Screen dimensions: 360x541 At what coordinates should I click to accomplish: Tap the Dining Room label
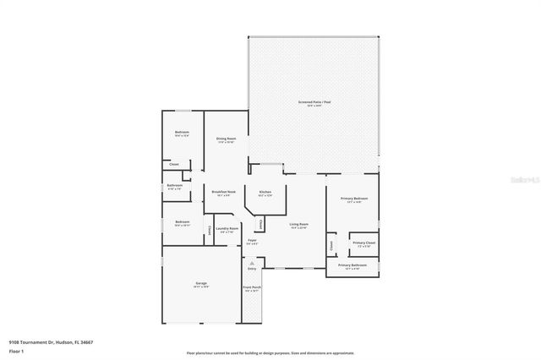(x=226, y=139)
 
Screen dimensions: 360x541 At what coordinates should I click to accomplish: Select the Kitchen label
(x=265, y=194)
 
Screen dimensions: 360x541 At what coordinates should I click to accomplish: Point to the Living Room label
(x=299, y=226)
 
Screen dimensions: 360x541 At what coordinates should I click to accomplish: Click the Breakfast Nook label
(x=223, y=193)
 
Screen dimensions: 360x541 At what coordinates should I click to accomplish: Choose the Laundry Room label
(x=227, y=228)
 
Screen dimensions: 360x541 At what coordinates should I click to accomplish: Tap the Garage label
(x=201, y=283)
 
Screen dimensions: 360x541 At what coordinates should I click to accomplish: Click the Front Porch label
(x=253, y=287)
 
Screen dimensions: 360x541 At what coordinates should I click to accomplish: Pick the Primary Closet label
(x=364, y=243)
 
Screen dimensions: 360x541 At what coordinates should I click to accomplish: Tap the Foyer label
(x=252, y=242)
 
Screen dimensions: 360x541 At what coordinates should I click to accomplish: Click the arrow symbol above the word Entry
(x=252, y=263)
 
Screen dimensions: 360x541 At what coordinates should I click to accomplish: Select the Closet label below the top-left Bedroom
(x=174, y=163)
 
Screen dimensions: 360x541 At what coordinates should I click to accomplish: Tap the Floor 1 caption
(x=16, y=350)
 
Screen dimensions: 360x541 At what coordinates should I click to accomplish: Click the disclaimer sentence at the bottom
(x=270, y=352)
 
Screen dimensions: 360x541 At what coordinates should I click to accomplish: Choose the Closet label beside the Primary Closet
(x=332, y=245)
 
